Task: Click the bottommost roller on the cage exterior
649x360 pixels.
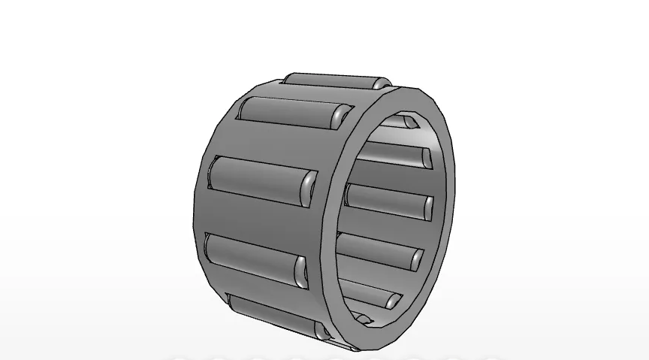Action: (274, 316)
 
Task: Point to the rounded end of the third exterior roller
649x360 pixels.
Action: (309, 188)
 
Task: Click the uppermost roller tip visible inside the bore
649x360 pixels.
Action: (409, 120)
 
